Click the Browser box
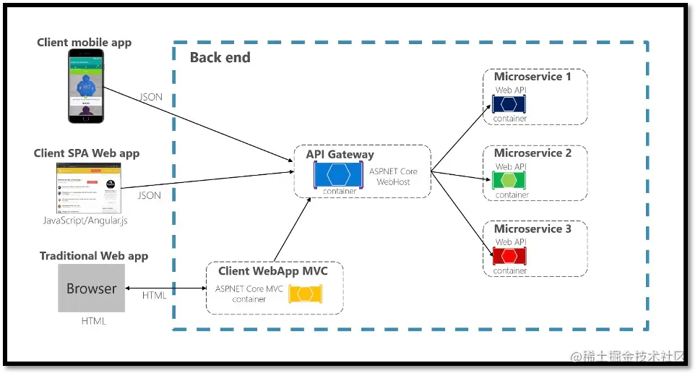(91, 288)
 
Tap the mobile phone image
(86, 86)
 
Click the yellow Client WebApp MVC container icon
(306, 294)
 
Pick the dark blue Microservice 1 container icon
(509, 104)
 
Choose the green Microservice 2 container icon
(509, 181)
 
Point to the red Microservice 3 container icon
(509, 257)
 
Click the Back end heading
(220, 58)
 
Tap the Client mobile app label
(84, 43)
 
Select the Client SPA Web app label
(87, 153)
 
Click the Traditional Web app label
(94, 256)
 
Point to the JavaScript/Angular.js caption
(85, 221)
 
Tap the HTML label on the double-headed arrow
(154, 295)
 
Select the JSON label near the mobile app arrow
(150, 97)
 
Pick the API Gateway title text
(340, 154)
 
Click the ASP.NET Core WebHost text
(393, 176)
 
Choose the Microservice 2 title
(533, 153)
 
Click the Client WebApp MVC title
(273, 271)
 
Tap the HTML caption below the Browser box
(93, 320)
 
